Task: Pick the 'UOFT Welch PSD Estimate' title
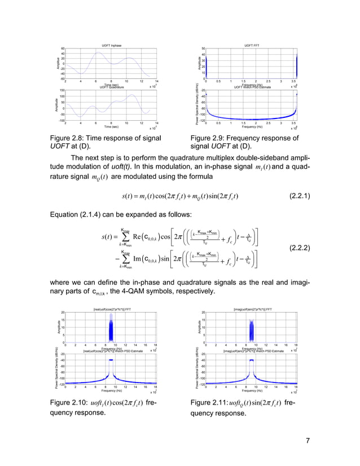pyautogui.click(x=252, y=87)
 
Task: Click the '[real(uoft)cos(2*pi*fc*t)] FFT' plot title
pyautogui.click(x=111, y=309)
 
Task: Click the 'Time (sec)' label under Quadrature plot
pyautogui.click(x=111, y=128)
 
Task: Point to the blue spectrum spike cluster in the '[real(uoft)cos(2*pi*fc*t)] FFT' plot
pyautogui.click(x=112, y=328)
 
